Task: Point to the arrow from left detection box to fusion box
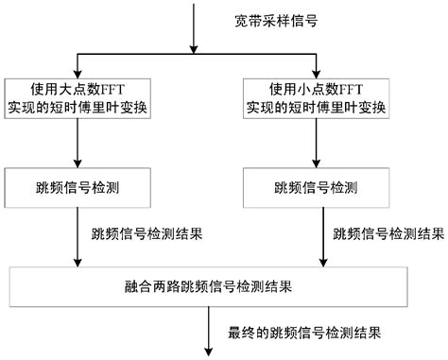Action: tap(76, 236)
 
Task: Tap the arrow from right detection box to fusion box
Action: tap(314, 236)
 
